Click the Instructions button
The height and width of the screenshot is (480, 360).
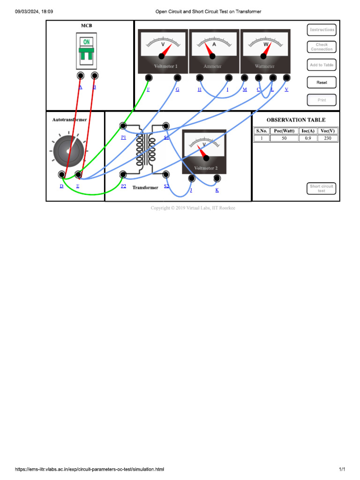click(322, 30)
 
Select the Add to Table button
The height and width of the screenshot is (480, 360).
click(322, 65)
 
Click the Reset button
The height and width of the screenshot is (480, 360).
click(322, 82)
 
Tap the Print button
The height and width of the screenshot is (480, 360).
click(322, 100)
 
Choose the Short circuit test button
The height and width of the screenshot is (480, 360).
click(322, 188)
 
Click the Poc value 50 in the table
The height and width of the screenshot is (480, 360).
click(284, 138)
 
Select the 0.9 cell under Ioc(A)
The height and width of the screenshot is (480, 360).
click(307, 138)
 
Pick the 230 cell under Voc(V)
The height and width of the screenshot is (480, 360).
click(328, 138)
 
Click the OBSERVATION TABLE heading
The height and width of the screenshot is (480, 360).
click(296, 120)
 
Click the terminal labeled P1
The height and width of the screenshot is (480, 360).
click(123, 126)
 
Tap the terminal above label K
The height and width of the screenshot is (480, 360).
click(217, 178)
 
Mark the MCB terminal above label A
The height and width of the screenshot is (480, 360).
click(80, 75)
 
